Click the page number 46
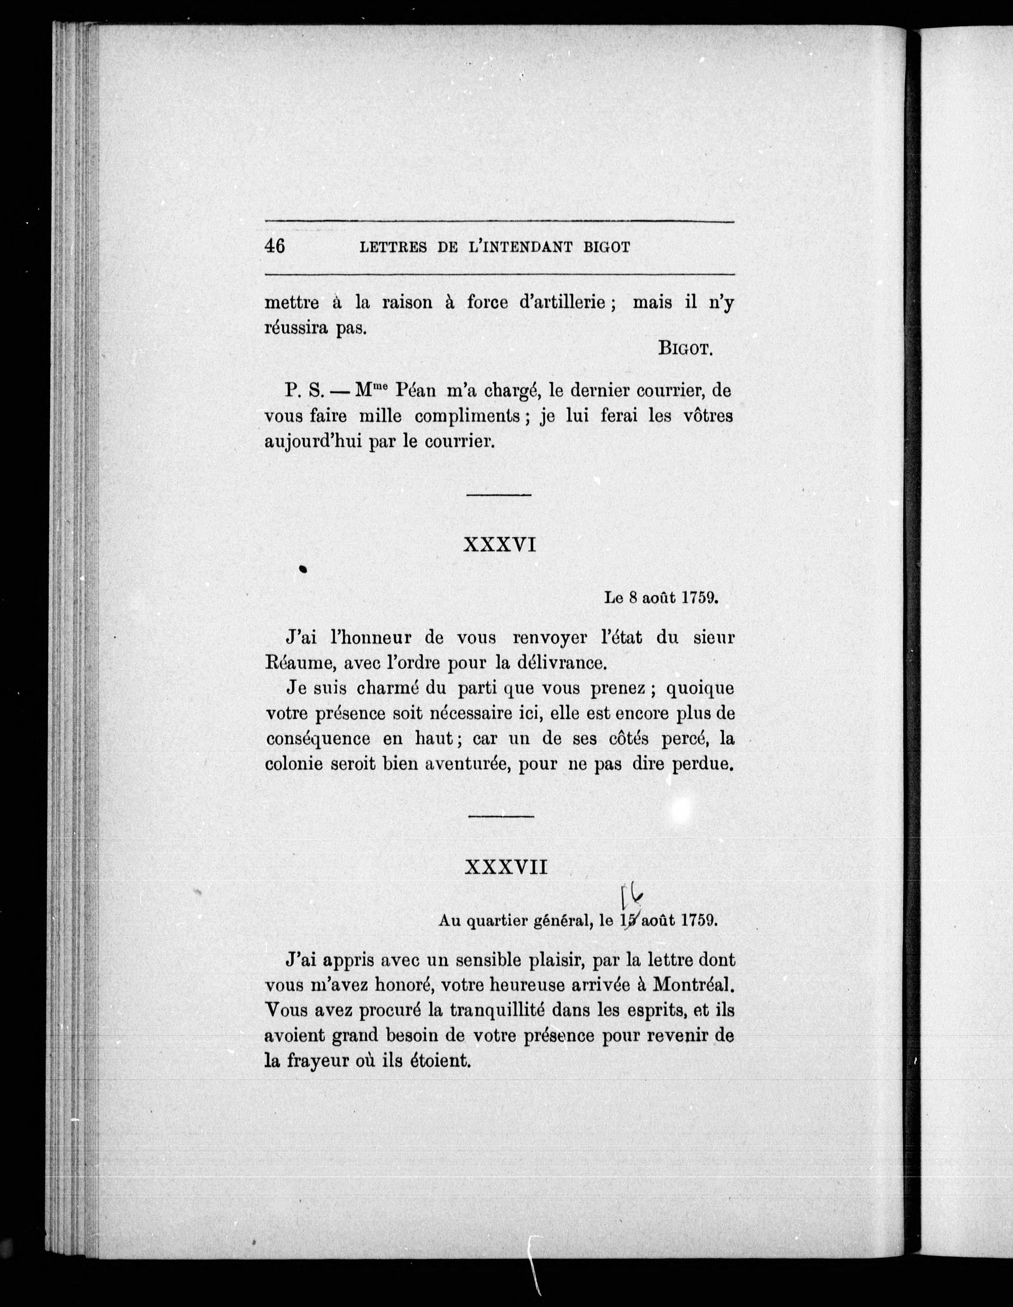(x=275, y=246)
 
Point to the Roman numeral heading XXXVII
(x=506, y=868)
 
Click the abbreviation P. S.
(x=305, y=391)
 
